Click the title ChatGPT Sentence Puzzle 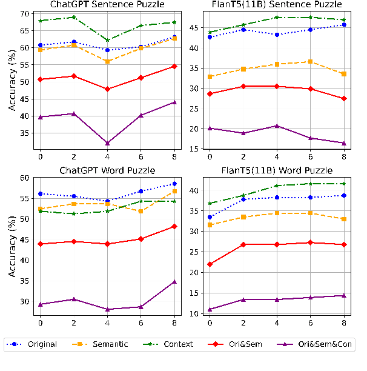click(107, 5)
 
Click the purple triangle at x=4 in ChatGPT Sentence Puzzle click(107, 143)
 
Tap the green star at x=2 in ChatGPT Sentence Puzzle click(73, 17)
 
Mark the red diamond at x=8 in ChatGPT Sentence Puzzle click(174, 66)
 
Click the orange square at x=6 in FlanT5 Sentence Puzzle click(309, 61)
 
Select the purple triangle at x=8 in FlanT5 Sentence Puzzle click(343, 143)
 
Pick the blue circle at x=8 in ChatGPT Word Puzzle click(174, 183)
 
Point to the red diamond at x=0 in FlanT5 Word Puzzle click(210, 264)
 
